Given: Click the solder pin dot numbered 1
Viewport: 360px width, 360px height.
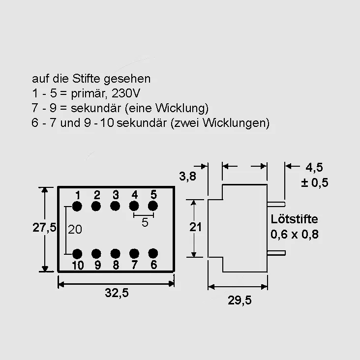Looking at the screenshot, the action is pyautogui.click(x=77, y=206).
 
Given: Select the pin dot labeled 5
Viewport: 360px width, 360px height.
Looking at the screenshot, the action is pyautogui.click(x=153, y=206).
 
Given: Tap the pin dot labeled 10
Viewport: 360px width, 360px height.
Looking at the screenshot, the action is pyautogui.click(x=77, y=254).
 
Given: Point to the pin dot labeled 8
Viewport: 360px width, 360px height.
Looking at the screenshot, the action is pyautogui.click(x=115, y=254).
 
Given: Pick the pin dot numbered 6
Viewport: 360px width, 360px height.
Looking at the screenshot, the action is pyautogui.click(x=153, y=253).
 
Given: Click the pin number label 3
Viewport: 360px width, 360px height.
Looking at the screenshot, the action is pyautogui.click(x=116, y=195).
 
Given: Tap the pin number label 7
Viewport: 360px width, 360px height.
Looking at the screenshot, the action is pyautogui.click(x=135, y=265).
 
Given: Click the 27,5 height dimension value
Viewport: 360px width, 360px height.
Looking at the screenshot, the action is pyautogui.click(x=44, y=227).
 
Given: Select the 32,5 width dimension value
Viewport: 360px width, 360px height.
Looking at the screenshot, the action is pyautogui.click(x=117, y=293).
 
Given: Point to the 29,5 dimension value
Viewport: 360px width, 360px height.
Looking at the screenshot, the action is pyautogui.click(x=240, y=300).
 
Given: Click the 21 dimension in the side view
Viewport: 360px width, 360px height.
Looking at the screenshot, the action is pyautogui.click(x=195, y=227).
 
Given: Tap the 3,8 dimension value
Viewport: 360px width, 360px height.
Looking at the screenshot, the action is pyautogui.click(x=187, y=177).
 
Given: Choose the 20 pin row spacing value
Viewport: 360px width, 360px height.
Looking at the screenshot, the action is pyautogui.click(x=75, y=229).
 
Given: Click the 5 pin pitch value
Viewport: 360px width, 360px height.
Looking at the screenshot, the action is pyautogui.click(x=145, y=222).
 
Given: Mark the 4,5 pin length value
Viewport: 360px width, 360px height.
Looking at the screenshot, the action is pyautogui.click(x=314, y=167).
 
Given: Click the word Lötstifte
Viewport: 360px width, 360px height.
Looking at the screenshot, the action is pyautogui.click(x=294, y=219).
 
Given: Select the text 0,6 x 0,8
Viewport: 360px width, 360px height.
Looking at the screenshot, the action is pyautogui.click(x=294, y=235).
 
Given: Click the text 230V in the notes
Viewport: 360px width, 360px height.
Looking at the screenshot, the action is pyautogui.click(x=126, y=93).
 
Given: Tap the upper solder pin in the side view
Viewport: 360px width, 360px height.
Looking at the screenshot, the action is pyautogui.click(x=276, y=204).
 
